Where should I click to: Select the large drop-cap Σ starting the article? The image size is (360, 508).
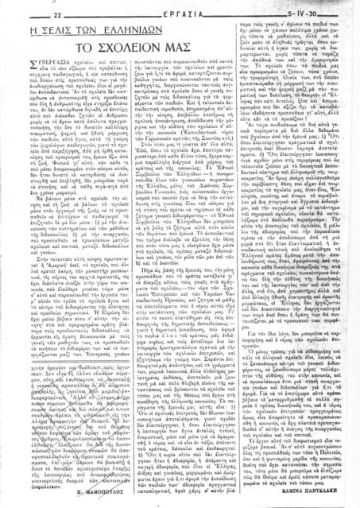[19, 71]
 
